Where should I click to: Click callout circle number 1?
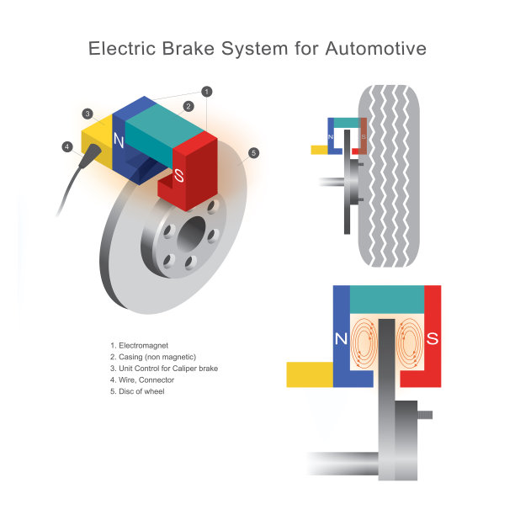tap(207, 91)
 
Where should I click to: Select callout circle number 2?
tap(188, 106)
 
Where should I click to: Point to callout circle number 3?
tap(88, 114)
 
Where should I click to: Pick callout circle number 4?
tap(66, 146)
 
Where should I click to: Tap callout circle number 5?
tap(253, 152)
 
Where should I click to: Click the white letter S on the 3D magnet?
tap(178, 176)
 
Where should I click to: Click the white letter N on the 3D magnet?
tap(119, 143)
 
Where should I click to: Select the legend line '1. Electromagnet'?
tap(141, 345)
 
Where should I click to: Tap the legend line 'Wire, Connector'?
tap(145, 380)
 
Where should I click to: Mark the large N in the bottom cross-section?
tap(342, 340)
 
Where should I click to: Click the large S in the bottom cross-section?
tap(433, 340)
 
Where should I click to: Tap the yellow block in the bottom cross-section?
tap(311, 374)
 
